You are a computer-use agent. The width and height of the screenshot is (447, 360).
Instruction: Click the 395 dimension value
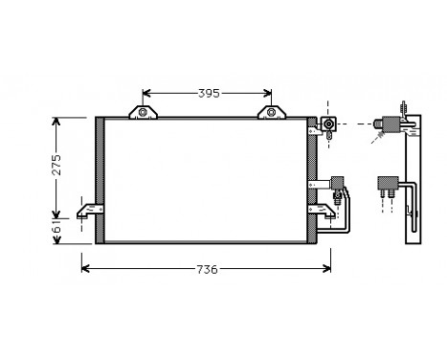click(x=209, y=93)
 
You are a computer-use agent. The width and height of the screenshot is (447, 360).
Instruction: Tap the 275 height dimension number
click(x=56, y=167)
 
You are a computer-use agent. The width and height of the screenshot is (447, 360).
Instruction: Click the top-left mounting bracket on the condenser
click(x=145, y=114)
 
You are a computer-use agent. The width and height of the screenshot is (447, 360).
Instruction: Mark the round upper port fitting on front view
click(x=329, y=124)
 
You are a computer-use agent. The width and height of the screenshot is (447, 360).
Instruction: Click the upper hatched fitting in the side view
click(x=391, y=123)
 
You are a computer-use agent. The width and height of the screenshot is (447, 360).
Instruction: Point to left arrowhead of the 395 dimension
click(x=146, y=93)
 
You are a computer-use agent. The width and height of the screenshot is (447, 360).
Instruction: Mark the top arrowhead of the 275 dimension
click(x=56, y=122)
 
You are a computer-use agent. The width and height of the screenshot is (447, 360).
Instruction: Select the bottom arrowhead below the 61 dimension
click(x=56, y=241)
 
